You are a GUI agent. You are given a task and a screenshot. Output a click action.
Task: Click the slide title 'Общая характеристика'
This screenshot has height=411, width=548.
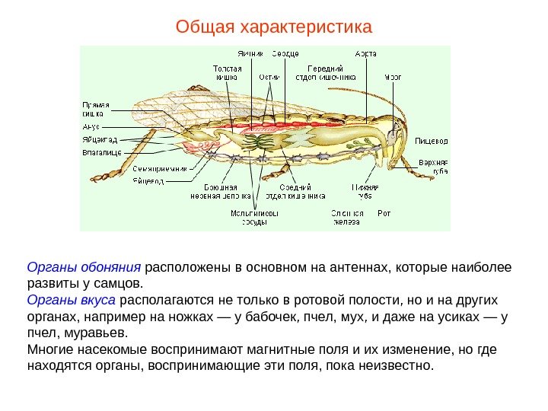tap(274, 28)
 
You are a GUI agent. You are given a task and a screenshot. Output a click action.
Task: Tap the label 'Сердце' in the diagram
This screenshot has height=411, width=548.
tap(285, 54)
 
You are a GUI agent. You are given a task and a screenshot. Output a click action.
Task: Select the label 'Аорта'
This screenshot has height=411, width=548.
tap(366, 54)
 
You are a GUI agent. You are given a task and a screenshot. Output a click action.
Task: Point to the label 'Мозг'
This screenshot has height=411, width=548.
tap(393, 76)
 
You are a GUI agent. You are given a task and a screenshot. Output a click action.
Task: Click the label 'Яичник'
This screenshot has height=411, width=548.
tap(250, 54)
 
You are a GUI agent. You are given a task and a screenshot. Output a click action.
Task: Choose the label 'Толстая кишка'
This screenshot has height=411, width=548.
tap(226, 72)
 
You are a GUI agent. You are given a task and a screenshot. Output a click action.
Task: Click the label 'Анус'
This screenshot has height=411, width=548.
tap(91, 127)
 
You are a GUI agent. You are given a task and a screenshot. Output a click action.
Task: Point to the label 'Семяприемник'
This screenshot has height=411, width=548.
tap(159, 168)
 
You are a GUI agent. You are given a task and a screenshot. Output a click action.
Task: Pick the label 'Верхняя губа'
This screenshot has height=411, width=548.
tap(435, 167)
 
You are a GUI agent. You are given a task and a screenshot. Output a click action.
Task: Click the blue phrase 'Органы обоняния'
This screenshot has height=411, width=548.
tap(84, 268)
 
